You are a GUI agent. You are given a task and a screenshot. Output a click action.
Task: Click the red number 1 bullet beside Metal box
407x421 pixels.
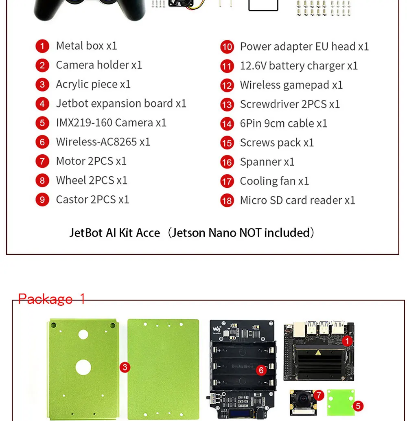(x=42, y=46)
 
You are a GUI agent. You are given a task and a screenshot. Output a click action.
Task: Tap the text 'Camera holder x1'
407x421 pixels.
(x=99, y=65)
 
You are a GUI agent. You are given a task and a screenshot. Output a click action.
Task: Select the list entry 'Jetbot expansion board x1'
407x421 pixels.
(x=121, y=104)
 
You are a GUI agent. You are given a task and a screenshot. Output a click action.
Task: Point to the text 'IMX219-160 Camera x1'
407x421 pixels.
(x=111, y=123)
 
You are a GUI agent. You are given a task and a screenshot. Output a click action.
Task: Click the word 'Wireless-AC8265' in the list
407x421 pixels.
(x=96, y=142)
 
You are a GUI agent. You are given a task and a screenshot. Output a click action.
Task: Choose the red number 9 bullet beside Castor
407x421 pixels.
(x=42, y=200)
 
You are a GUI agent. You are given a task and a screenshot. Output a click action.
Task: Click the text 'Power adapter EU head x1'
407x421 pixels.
(x=304, y=46)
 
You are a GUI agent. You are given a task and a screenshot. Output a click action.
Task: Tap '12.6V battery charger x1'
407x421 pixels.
(x=299, y=66)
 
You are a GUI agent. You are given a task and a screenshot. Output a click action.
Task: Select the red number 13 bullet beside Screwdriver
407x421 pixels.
(x=227, y=105)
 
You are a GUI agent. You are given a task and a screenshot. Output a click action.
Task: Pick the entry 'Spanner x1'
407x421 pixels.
(x=267, y=162)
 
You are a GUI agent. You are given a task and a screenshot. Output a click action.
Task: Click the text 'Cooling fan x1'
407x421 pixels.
(x=274, y=181)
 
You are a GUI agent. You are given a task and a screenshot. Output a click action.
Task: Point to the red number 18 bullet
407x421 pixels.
(x=227, y=201)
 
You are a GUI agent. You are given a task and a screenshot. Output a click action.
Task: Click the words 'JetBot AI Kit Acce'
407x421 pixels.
(x=115, y=233)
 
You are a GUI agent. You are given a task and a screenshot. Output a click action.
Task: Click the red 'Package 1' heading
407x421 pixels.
(x=52, y=299)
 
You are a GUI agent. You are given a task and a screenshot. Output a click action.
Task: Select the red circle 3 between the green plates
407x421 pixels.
(x=125, y=367)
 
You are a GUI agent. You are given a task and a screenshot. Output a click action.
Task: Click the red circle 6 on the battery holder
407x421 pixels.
(x=261, y=370)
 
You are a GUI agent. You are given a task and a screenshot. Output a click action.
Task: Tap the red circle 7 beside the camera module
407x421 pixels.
(x=319, y=395)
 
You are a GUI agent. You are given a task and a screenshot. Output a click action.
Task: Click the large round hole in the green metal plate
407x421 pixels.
(x=83, y=367)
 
